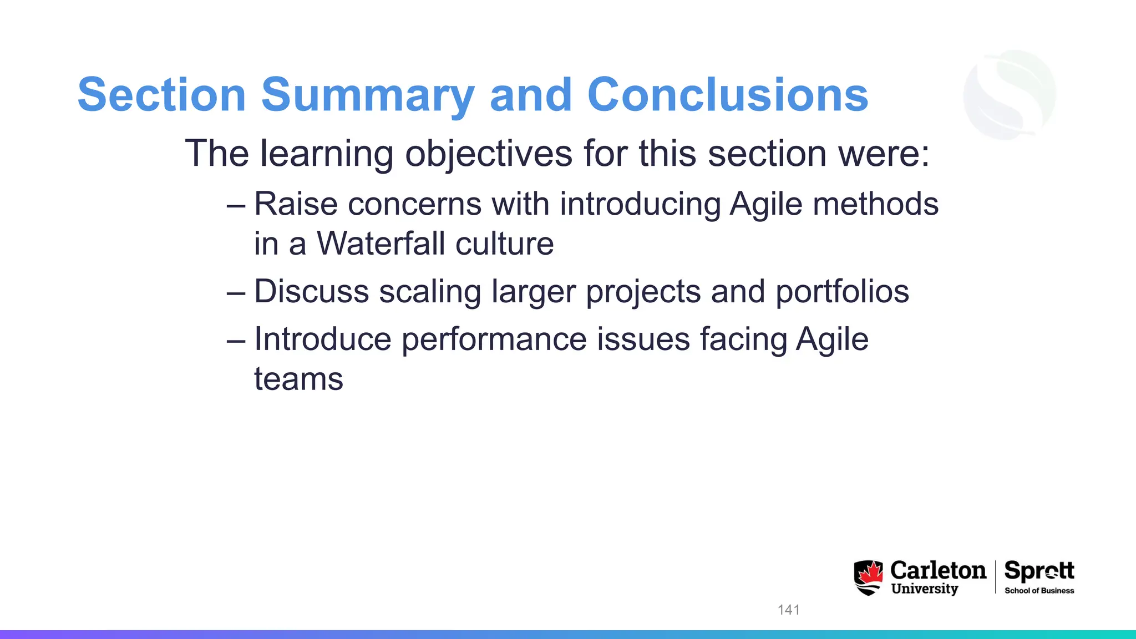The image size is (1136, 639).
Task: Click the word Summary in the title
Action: tap(367, 95)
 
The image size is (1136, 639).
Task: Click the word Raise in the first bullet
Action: tap(296, 204)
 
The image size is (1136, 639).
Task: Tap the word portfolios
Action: tap(841, 292)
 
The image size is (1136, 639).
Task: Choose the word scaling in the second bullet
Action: tap(430, 292)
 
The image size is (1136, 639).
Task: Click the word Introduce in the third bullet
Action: tap(322, 339)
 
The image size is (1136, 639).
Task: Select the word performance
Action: tap(494, 339)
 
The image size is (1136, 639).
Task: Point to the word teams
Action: tap(298, 379)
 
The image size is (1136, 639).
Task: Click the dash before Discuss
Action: tap(236, 292)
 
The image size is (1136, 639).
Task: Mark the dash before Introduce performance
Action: tap(236, 340)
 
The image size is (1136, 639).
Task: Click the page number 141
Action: tap(788, 610)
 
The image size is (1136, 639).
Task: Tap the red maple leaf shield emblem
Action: tap(868, 577)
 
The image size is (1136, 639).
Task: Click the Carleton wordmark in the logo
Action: tap(937, 570)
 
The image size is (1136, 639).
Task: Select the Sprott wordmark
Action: tap(1039, 570)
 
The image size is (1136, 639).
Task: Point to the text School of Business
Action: tap(1039, 591)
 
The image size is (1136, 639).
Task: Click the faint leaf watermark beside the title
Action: tap(1010, 94)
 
